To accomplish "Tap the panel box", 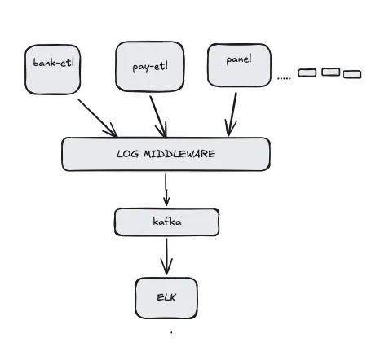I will (x=238, y=64).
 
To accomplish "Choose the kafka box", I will (x=166, y=222).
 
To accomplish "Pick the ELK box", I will (x=166, y=297).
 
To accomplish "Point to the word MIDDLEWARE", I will (x=180, y=154).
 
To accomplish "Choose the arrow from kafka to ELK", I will (x=166, y=256).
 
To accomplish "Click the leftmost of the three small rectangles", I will (x=307, y=73).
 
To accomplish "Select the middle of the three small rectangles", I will (x=330, y=72).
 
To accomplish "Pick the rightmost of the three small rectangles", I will (x=351, y=74).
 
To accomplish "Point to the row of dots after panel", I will (x=284, y=77).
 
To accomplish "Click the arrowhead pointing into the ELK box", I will (x=166, y=270).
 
